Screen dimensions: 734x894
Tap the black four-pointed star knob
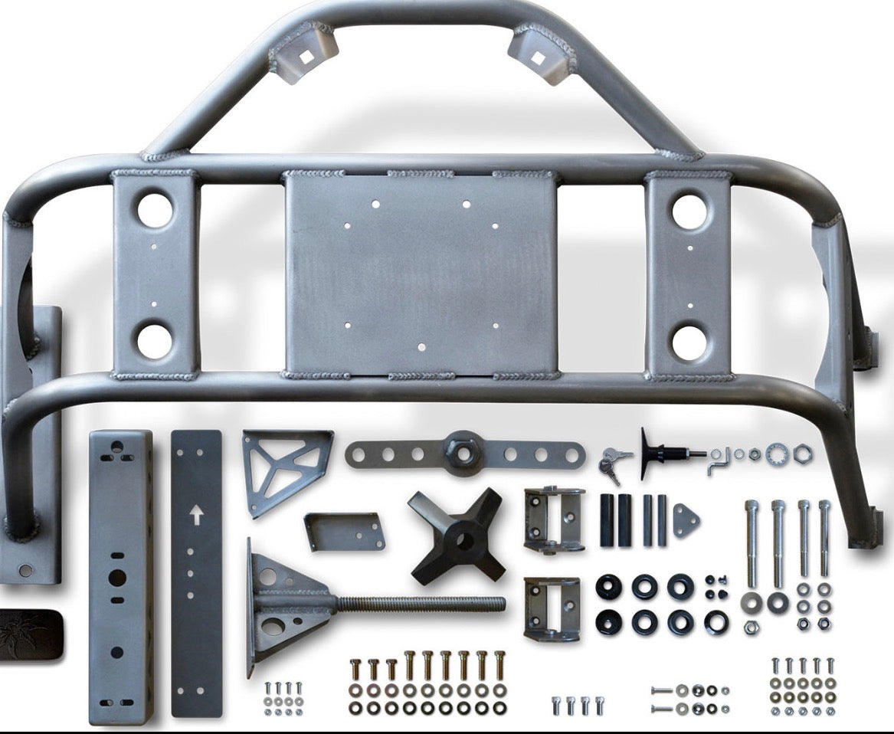[x=457, y=533]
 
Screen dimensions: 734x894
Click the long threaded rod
[x=421, y=604]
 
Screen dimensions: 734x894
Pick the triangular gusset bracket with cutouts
[x=280, y=467]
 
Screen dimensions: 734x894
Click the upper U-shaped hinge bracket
[x=554, y=519]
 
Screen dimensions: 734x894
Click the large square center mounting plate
[x=421, y=274]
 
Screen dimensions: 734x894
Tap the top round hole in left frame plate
[x=155, y=210]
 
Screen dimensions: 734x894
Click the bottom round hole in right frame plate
[x=691, y=342]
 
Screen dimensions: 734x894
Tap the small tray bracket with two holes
[x=345, y=530]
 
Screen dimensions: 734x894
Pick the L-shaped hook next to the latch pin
[x=718, y=462]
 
